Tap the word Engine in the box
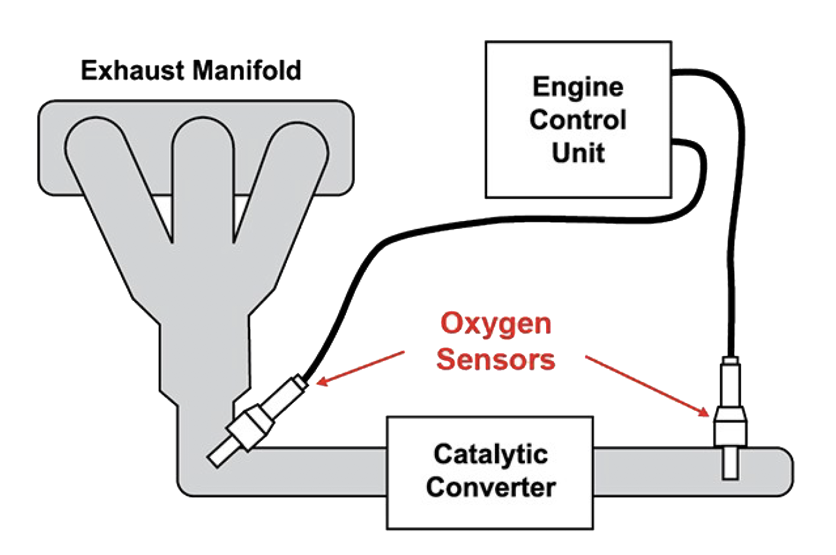pos(578,88)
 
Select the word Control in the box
pos(578,120)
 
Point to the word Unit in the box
pos(578,153)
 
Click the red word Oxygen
pos(496,324)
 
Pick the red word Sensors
pos(496,359)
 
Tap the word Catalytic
pos(490,454)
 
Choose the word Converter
pos(490,487)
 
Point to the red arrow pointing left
pos(361,368)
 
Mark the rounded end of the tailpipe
pos(782,472)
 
